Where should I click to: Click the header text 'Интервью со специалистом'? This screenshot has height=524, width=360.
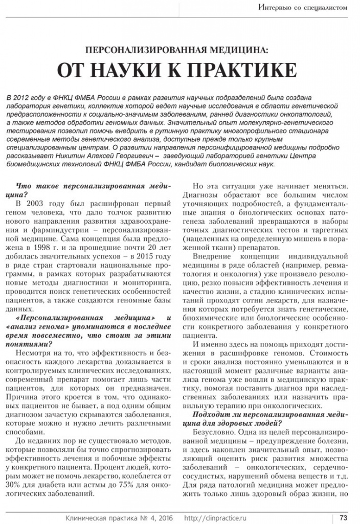(306, 7)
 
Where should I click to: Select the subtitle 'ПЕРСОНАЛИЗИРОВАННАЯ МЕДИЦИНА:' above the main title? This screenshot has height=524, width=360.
(179, 51)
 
